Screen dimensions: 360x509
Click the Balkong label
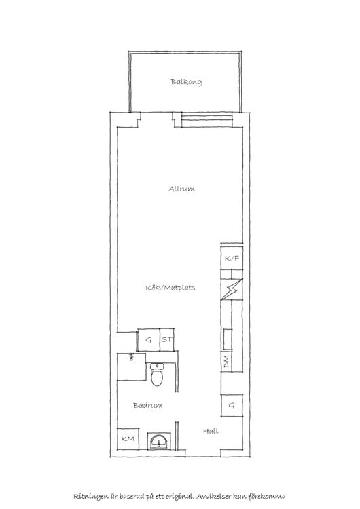[x=186, y=82]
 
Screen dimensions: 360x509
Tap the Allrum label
[x=181, y=189]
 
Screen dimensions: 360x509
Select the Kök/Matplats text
[x=170, y=288]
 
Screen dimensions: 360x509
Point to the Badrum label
[x=148, y=405]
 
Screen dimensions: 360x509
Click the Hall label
[x=211, y=431]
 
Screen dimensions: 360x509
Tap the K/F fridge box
[x=232, y=258]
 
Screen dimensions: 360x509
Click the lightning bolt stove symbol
[x=232, y=289]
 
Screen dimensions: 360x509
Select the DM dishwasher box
[x=226, y=361]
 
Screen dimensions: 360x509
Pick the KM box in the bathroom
[x=128, y=439]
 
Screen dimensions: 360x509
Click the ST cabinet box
[x=167, y=340]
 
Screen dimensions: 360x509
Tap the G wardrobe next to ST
[x=149, y=340]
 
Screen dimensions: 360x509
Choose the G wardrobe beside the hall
[x=232, y=405]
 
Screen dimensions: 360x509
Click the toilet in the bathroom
[x=158, y=375]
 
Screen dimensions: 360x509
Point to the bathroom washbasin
[x=159, y=442]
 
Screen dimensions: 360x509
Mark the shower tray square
[x=132, y=366]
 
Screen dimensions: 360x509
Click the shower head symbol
[x=132, y=357]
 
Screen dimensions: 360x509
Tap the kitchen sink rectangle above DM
[x=228, y=339]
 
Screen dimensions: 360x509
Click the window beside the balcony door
[x=207, y=119]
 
